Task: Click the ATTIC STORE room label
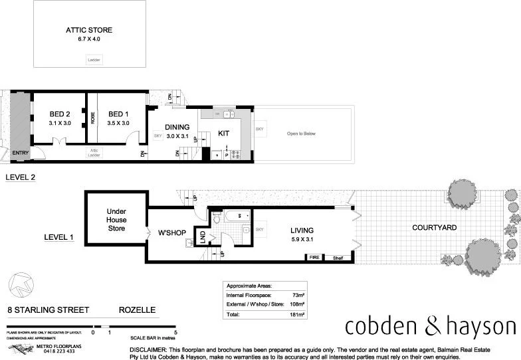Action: (88, 30)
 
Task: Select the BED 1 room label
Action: (118, 114)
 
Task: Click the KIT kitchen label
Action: (224, 134)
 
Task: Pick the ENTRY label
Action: (21, 153)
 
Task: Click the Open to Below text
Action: (301, 134)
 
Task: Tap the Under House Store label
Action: (116, 220)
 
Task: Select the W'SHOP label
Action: (171, 232)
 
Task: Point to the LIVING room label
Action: (301, 230)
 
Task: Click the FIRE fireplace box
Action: (314, 258)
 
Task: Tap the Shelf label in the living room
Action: (338, 258)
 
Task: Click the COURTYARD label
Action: (434, 228)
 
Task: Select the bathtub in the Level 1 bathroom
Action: (236, 216)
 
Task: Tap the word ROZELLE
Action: (138, 310)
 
